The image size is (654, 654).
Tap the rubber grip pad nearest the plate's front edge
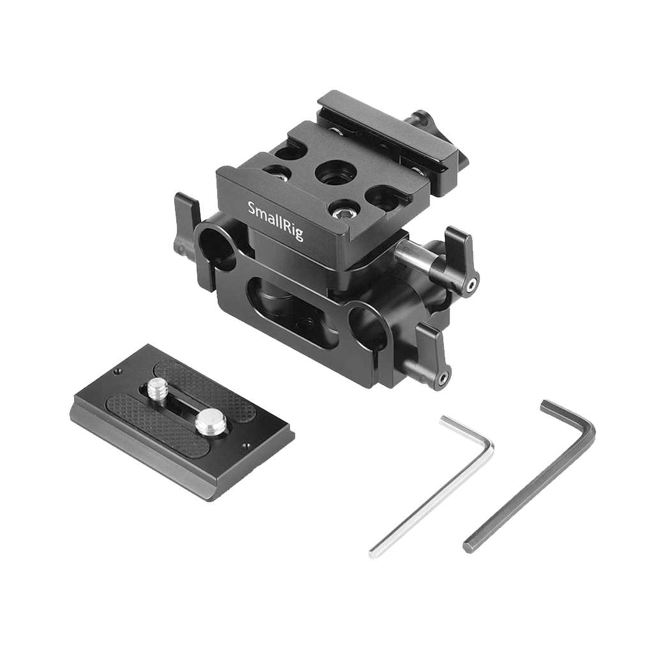point(153,424)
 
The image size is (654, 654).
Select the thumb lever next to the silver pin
point(461,259)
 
